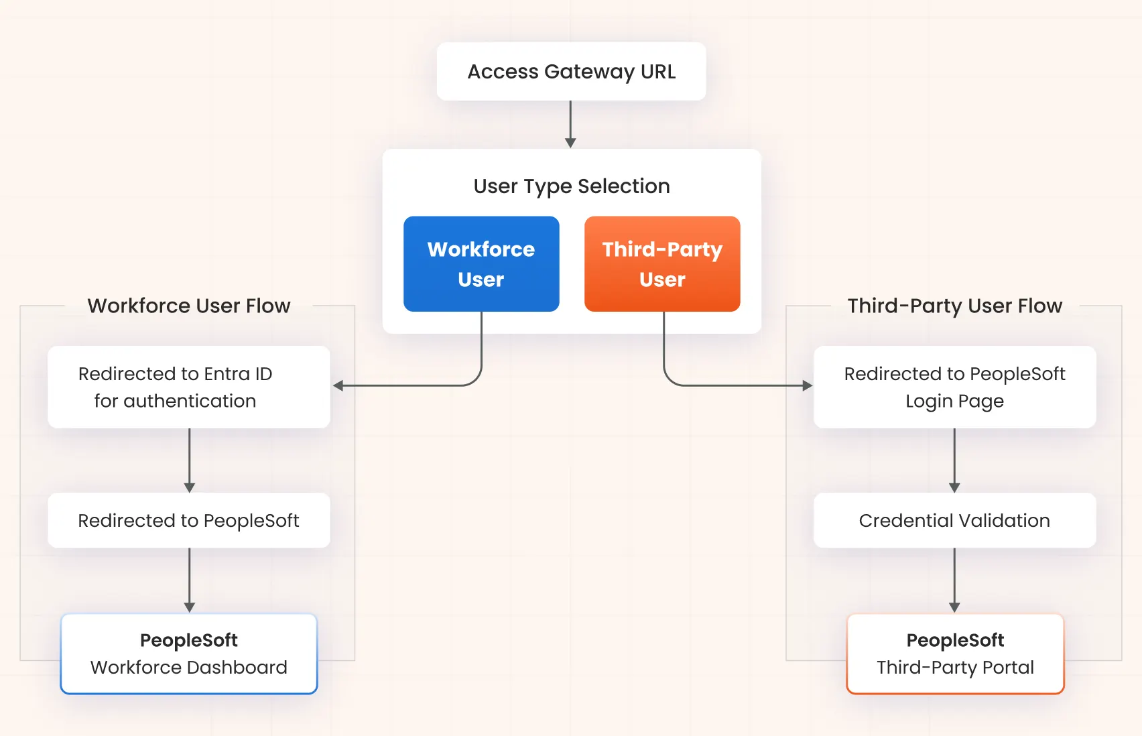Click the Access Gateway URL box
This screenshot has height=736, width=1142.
click(571, 72)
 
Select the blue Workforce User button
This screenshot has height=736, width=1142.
click(481, 264)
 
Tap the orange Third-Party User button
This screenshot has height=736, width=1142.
click(662, 264)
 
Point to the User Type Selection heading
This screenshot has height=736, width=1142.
click(571, 186)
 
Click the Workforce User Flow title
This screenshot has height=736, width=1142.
click(188, 306)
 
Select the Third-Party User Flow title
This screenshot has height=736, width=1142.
click(954, 306)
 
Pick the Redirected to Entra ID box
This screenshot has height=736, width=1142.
click(188, 387)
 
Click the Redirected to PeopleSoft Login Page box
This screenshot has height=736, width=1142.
click(954, 387)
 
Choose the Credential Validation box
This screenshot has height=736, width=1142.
click(954, 520)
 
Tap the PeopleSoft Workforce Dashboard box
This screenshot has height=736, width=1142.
click(188, 654)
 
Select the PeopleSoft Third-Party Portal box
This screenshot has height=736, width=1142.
click(954, 654)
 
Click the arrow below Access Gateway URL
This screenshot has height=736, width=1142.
click(570, 125)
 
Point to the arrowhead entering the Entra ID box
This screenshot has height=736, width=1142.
click(338, 385)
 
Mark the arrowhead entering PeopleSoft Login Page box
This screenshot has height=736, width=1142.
click(807, 385)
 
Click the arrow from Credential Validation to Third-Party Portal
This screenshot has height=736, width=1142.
click(954, 580)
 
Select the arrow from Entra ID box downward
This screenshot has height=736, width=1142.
click(190, 461)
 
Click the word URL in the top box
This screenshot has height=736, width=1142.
click(657, 72)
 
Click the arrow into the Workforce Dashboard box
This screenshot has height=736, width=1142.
click(190, 580)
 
